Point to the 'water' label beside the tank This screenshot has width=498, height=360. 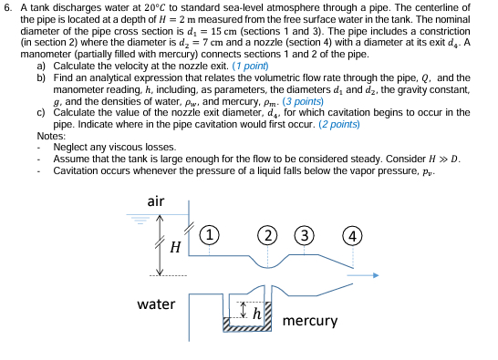click(156, 303)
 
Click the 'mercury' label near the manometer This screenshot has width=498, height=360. click(310, 321)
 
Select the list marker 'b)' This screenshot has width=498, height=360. click(41, 79)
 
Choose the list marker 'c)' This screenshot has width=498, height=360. click(41, 112)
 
